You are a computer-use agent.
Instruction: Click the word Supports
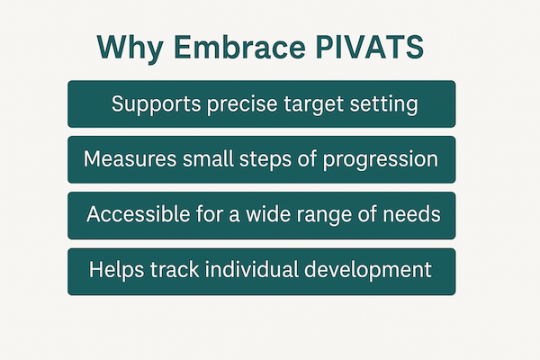(x=152, y=104)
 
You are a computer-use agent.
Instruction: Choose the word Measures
(x=127, y=159)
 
